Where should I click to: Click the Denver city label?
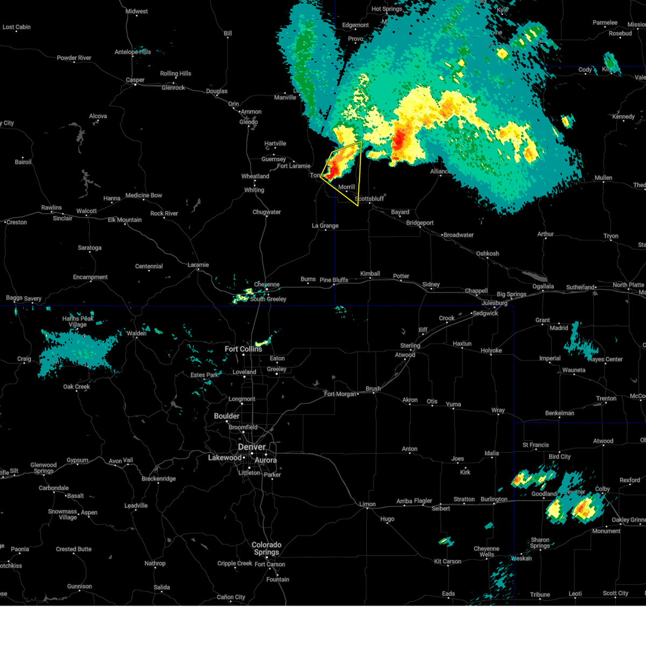click(251, 447)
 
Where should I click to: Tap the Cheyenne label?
click(267, 285)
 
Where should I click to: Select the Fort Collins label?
click(243, 349)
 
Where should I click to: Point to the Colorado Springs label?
click(266, 548)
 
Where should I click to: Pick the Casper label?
click(135, 80)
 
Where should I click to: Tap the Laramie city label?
click(198, 265)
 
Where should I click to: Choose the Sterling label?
click(410, 346)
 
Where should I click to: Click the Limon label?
click(368, 504)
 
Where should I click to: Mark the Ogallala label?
click(543, 286)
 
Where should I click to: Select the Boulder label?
click(227, 416)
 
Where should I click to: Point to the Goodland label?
click(544, 494)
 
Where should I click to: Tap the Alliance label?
click(439, 172)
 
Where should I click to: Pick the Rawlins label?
click(52, 208)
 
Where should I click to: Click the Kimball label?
click(370, 273)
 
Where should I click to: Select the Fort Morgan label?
click(340, 394)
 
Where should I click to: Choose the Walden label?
click(137, 333)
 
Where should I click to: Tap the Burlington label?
click(494, 499)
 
